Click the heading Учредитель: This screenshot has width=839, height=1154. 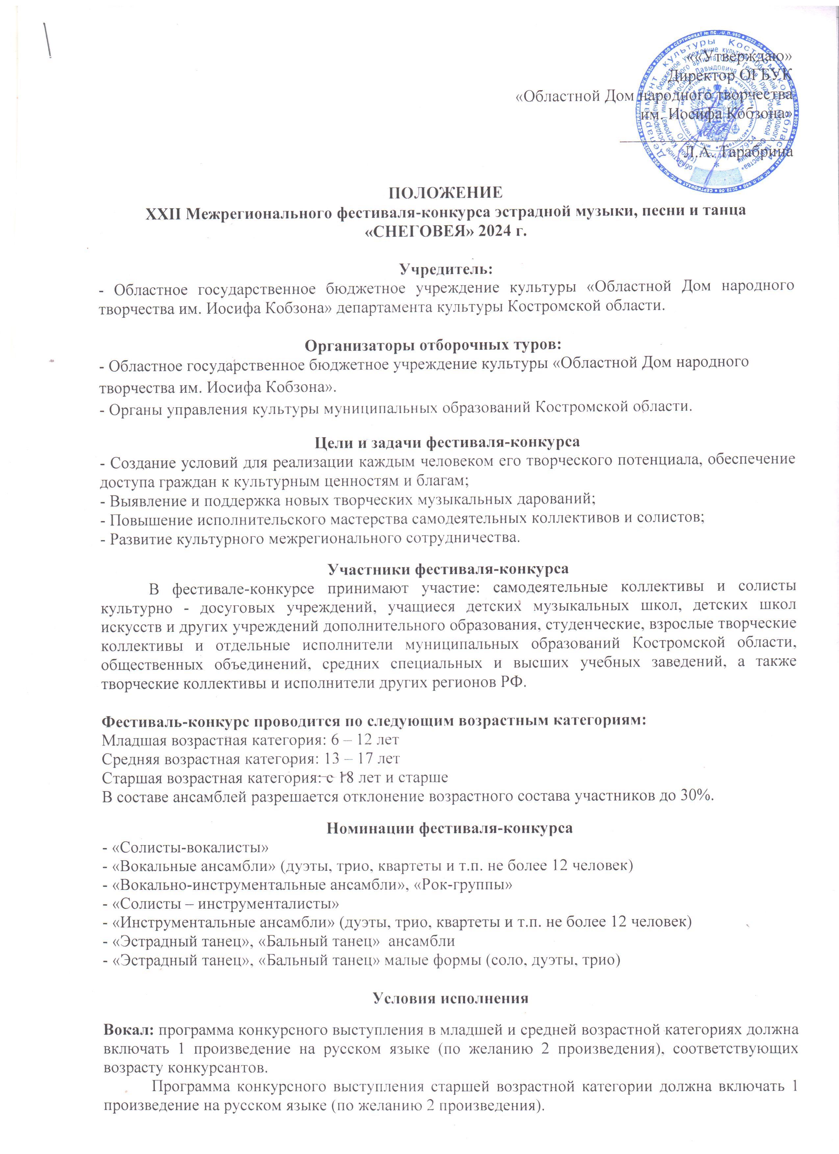point(446,268)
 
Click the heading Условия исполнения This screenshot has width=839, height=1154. point(451,998)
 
